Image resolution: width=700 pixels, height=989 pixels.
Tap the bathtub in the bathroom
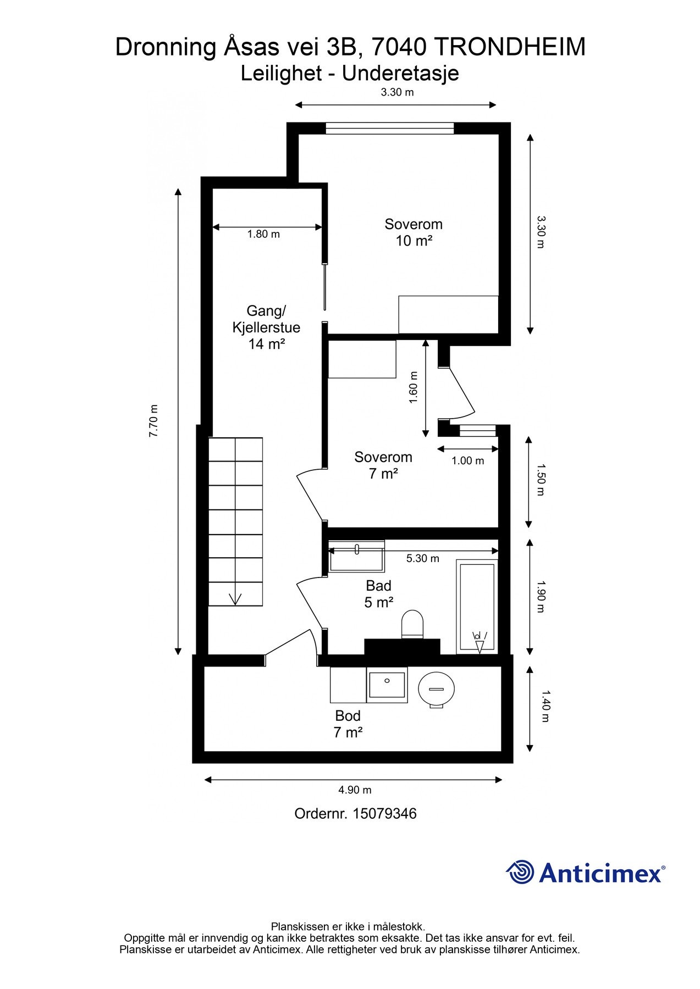click(x=477, y=607)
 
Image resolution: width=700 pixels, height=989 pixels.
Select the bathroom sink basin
click(x=356, y=557)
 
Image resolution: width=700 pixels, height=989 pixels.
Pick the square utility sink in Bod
click(x=387, y=685)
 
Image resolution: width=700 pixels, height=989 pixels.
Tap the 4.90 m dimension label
click(x=355, y=790)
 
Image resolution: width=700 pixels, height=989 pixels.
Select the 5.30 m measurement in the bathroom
click(x=422, y=558)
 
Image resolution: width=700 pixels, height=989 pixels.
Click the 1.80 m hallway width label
click(x=263, y=234)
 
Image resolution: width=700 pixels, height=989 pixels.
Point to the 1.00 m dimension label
click(x=468, y=460)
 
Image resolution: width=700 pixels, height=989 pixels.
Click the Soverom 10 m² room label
click(x=414, y=232)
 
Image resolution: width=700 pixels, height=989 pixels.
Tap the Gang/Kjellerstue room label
click(x=266, y=327)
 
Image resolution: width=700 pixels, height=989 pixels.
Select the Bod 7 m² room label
click(x=348, y=724)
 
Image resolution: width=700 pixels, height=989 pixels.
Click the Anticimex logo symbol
click(x=520, y=872)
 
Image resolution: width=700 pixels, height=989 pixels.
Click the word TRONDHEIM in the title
click(x=510, y=47)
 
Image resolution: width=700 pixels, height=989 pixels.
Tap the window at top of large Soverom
click(x=390, y=129)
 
